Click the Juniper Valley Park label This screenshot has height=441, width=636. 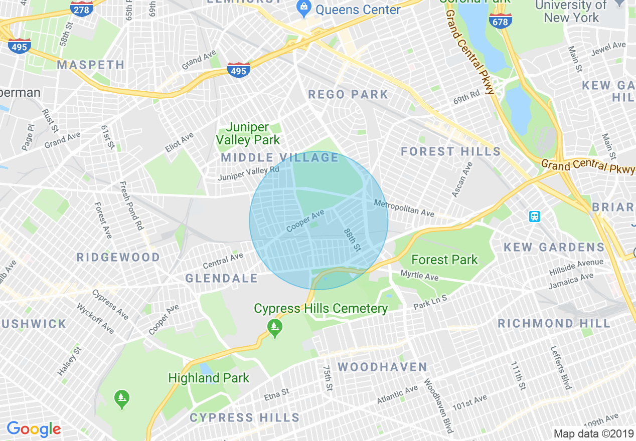(248, 134)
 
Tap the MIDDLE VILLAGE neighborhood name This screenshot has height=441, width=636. (280, 157)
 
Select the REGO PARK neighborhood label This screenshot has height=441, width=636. (348, 94)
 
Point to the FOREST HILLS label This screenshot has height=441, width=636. (450, 151)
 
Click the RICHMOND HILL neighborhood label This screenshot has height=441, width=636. (554, 323)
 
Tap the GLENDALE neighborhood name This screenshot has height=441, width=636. (221, 278)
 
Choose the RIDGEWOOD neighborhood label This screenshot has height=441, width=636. (118, 257)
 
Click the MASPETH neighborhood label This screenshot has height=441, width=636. (91, 65)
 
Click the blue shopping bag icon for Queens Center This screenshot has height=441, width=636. (303, 7)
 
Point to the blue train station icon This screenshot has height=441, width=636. (535, 216)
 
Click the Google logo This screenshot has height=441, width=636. (34, 429)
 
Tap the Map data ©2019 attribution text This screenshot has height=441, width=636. (593, 433)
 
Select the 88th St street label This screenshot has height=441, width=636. (352, 240)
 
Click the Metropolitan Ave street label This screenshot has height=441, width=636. (404, 208)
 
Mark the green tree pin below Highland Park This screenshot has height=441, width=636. (121, 399)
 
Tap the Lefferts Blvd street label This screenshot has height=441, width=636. (560, 367)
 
